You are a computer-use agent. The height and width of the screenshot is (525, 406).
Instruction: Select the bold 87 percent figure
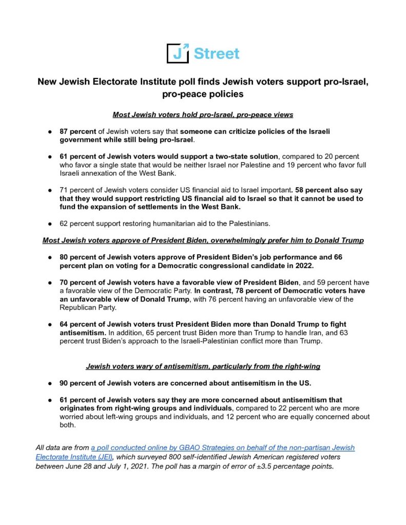click(x=75, y=131)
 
